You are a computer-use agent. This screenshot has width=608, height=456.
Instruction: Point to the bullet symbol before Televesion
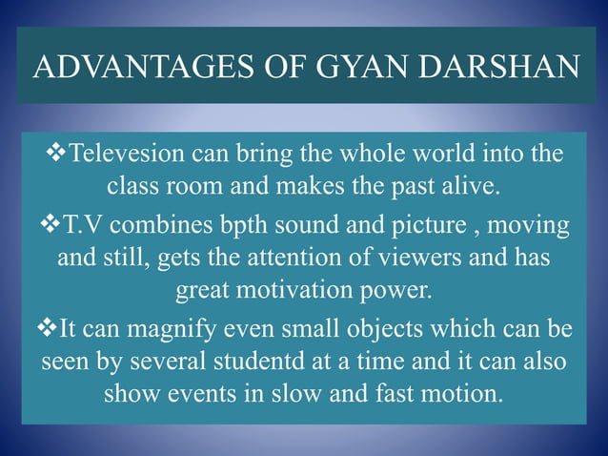[58, 155]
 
